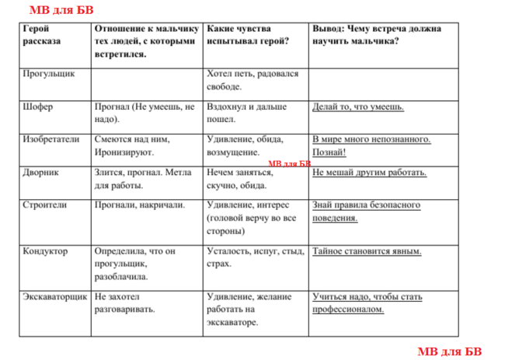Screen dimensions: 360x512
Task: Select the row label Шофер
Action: (38, 107)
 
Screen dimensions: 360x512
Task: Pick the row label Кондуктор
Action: (46, 251)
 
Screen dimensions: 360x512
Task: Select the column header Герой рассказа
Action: (42, 34)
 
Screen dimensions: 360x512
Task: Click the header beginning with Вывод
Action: (378, 34)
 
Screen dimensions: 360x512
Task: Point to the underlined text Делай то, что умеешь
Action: (357, 107)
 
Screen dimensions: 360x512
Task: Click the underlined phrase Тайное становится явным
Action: (367, 251)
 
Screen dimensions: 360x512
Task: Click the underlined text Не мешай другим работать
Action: (370, 173)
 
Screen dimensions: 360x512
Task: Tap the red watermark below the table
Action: (449, 351)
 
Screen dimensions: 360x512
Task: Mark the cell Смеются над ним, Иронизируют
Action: (132, 146)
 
